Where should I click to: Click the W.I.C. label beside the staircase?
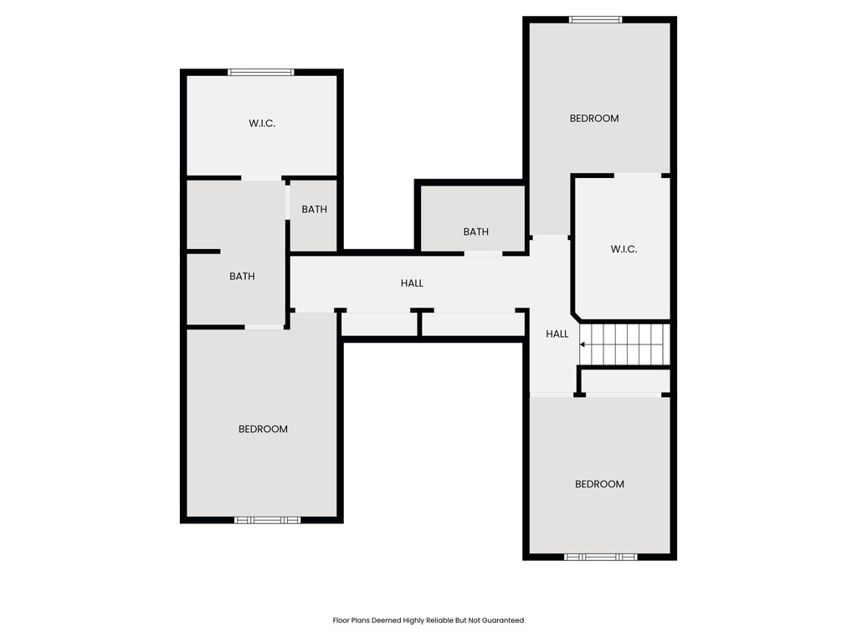(x=624, y=248)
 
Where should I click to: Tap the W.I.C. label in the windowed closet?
(x=262, y=124)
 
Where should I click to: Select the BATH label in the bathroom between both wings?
(x=475, y=232)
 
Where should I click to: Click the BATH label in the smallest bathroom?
(x=315, y=210)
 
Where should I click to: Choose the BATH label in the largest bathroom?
(x=242, y=277)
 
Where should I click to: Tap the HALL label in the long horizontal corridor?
(x=412, y=283)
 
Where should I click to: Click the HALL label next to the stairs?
(x=557, y=334)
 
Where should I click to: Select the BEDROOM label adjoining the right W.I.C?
(x=594, y=119)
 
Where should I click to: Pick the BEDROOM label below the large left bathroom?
(x=263, y=429)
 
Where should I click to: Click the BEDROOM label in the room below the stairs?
(x=599, y=484)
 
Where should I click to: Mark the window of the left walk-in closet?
(x=262, y=72)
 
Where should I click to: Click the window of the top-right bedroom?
(x=596, y=19)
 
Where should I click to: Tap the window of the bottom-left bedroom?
(x=267, y=520)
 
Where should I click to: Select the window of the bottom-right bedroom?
(x=600, y=557)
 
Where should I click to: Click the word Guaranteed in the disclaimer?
(x=503, y=620)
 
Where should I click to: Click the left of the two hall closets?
(x=379, y=324)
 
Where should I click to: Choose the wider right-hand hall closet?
(x=473, y=324)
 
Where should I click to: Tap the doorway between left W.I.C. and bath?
(x=262, y=177)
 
